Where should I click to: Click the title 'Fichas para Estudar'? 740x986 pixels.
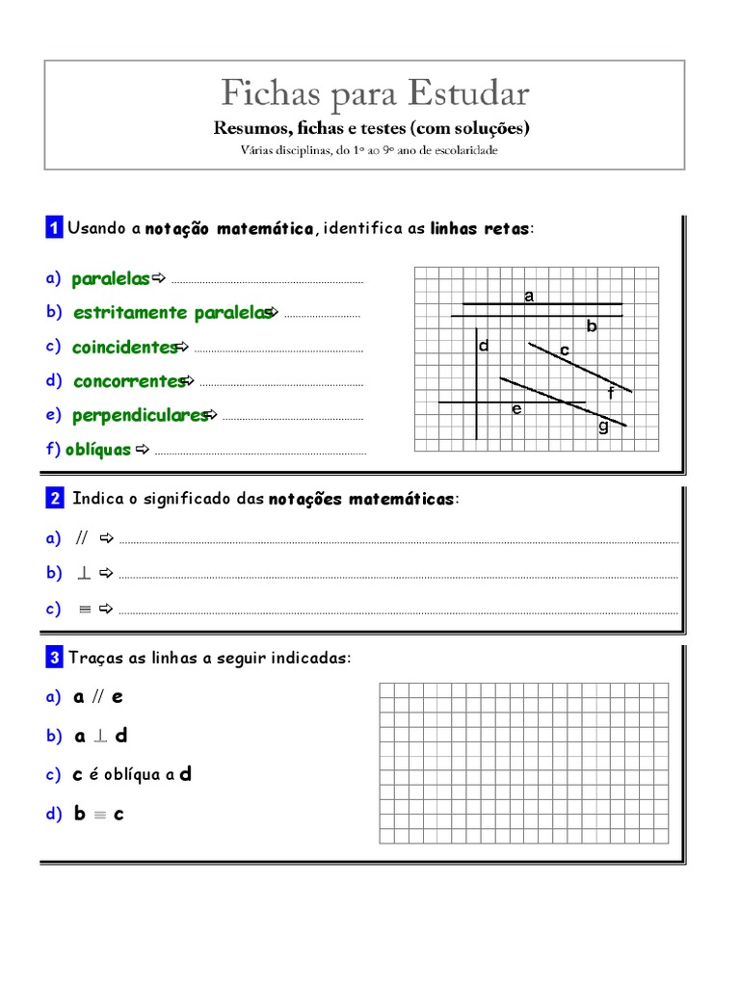point(374,93)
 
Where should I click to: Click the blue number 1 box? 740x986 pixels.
point(54,228)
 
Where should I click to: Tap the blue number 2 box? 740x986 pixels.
point(54,499)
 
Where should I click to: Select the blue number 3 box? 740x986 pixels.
point(54,658)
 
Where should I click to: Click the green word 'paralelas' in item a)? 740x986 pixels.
point(111,279)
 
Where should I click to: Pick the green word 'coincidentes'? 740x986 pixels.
point(124,347)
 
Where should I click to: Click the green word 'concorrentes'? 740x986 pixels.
point(128,381)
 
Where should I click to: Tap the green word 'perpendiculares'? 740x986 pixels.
point(140,415)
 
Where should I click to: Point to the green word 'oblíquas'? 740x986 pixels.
point(98,449)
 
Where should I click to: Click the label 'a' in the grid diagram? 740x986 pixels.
point(529,297)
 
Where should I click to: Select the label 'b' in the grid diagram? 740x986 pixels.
point(593,326)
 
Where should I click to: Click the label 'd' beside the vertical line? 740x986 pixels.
point(485,346)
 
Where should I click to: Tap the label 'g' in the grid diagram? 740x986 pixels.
point(603,427)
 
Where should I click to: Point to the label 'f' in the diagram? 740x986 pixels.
point(611,393)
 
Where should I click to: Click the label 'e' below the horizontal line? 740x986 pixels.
point(516,409)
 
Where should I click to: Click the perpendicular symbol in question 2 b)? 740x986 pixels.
point(84,573)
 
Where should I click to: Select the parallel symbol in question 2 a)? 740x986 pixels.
point(82,537)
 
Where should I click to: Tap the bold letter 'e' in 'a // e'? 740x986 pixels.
point(119,696)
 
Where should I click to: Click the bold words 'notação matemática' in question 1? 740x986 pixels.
point(229,228)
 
